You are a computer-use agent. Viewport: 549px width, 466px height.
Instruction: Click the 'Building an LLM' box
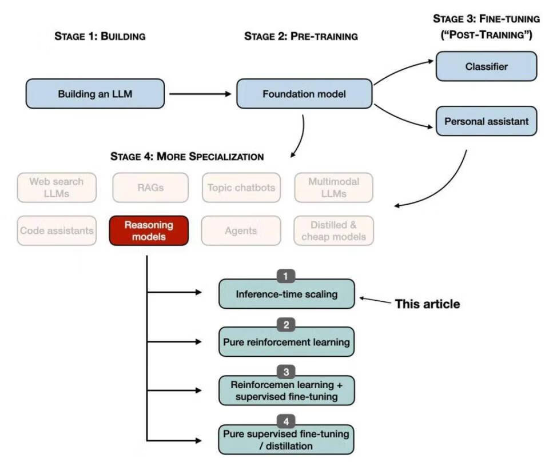95,94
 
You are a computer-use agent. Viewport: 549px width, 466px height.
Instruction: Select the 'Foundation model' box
304,94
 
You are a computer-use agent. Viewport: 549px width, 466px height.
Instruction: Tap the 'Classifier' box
486,66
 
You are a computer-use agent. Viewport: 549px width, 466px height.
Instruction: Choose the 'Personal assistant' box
486,121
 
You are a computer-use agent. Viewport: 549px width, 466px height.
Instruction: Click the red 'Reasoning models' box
149,230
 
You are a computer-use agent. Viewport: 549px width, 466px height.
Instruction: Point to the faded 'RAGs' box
150,188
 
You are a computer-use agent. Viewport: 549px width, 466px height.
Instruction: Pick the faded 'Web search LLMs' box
57,188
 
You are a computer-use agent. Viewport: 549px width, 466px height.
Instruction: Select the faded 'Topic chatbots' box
241,188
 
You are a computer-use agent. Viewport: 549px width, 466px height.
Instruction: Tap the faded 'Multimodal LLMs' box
334,188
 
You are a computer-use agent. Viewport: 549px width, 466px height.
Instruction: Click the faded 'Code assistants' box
57,230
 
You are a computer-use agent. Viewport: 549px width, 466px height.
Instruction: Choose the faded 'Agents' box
241,230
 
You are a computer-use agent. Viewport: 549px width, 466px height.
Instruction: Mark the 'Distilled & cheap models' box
334,230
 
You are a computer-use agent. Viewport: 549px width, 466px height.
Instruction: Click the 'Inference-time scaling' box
287,294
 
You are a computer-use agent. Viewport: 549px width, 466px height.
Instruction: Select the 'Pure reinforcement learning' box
287,342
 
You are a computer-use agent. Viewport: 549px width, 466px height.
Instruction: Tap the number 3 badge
286,372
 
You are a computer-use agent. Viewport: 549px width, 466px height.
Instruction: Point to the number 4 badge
286,422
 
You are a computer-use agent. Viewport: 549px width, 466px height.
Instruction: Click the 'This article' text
427,304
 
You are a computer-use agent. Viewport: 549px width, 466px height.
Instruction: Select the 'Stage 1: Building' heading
100,37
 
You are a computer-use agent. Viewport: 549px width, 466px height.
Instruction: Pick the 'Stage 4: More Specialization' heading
187,156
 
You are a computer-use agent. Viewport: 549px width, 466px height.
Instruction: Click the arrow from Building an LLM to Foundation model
200,94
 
